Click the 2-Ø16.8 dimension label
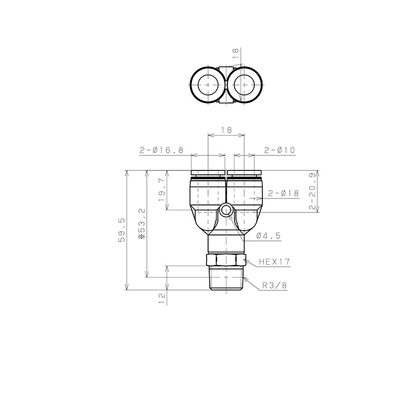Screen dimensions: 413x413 point(161,150)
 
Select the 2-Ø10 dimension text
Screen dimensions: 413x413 point(280,150)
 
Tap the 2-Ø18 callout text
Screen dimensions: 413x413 point(284,194)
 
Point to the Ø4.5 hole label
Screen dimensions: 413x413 point(268,236)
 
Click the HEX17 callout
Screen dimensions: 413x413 point(274,261)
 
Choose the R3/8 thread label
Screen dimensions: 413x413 point(274,285)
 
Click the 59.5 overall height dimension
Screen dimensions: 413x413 point(122,230)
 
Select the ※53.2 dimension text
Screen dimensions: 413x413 point(142,223)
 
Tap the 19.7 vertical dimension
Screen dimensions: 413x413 point(162,190)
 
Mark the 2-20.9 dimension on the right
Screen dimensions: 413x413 point(313,191)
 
